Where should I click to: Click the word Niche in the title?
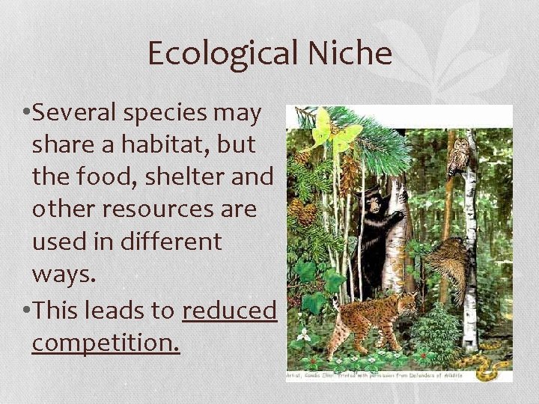click(352, 54)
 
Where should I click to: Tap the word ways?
click(64, 274)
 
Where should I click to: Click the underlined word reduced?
click(229, 310)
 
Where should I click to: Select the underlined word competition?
click(106, 342)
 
